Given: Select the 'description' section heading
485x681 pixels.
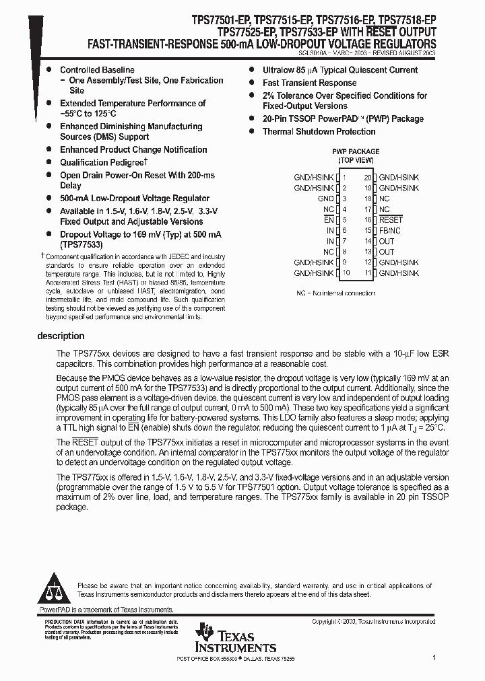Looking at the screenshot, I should point(61,336).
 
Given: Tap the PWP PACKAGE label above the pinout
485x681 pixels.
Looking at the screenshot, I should point(355,151).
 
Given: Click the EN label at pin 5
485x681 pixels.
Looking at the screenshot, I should point(329,220).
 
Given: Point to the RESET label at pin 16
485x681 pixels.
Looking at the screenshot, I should point(391,220).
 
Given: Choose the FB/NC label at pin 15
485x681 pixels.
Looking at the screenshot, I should point(389,231).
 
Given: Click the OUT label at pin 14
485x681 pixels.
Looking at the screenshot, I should point(387,242).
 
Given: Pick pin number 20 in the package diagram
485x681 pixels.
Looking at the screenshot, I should point(367,178).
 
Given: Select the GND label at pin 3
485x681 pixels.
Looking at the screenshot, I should point(325,199).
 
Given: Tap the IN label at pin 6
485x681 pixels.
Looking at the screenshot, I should point(330,231).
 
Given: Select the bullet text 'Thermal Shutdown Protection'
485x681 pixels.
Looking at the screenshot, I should point(319,132).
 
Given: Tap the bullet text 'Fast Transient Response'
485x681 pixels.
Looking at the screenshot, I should point(309,83).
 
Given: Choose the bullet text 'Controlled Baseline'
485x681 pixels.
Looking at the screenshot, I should point(97,70).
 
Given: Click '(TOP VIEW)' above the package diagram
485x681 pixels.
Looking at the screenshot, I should point(355,161).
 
